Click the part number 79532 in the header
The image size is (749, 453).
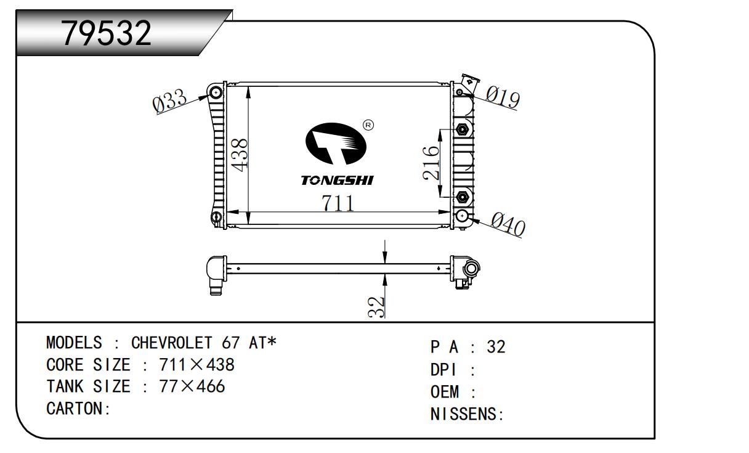pos(107,34)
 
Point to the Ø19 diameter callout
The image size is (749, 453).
pos(503,97)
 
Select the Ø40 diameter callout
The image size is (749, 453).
pos(508,225)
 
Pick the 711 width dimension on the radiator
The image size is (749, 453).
pos(338,203)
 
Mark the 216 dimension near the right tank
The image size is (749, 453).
pos(431,163)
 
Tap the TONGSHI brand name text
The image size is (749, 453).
pos(337,181)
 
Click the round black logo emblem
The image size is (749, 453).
pos(336,144)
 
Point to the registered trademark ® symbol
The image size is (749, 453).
pos(368,125)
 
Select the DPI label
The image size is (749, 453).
pos(443,370)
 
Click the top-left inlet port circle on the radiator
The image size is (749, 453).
pos(216,93)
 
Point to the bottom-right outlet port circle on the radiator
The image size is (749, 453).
pos(463,215)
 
